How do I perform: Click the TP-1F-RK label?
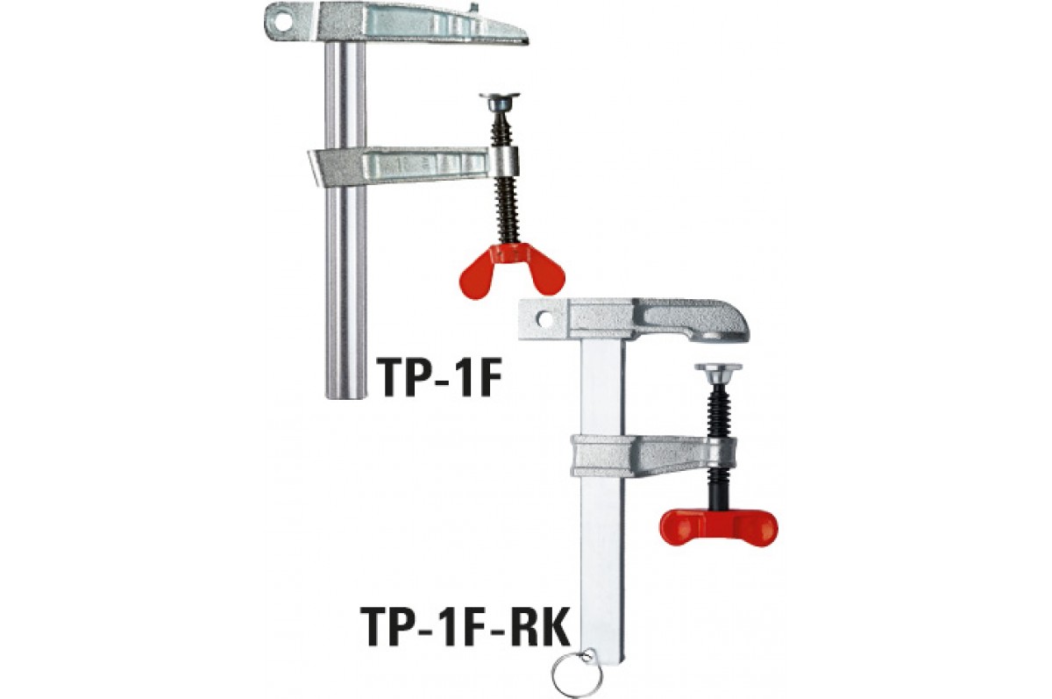(x=465, y=626)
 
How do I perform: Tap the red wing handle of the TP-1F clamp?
(x=512, y=272)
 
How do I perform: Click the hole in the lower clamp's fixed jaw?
(x=545, y=319)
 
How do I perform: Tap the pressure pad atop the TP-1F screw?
(x=500, y=101)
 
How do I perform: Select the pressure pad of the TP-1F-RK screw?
(x=719, y=373)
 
